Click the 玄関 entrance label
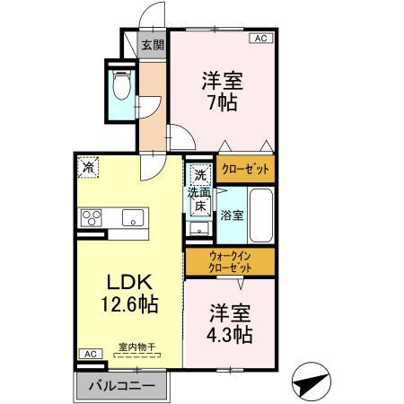(x=153, y=46)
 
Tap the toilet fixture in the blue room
(x=124, y=86)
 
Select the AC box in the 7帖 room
(x=260, y=39)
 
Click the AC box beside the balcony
(x=90, y=354)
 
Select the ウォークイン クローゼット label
(x=229, y=261)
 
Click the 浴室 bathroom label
(x=233, y=215)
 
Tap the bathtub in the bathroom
(x=260, y=215)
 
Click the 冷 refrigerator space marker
(x=89, y=167)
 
